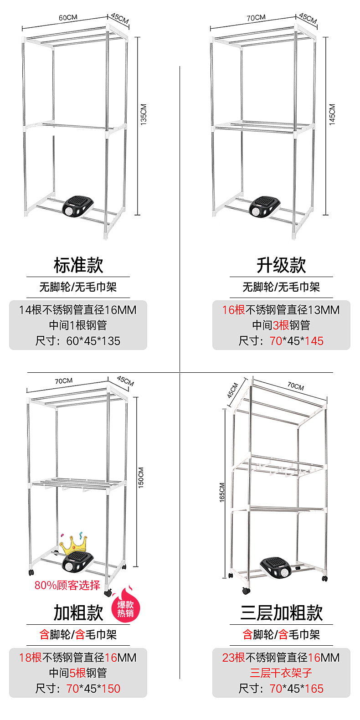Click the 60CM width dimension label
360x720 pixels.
pyautogui.click(x=68, y=18)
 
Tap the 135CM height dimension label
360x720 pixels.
pyautogui.click(x=144, y=115)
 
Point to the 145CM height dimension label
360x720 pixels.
pyautogui.click(x=332, y=114)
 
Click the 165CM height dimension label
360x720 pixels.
pyautogui.click(x=222, y=493)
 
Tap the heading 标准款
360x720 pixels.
pyautogui.click(x=78, y=265)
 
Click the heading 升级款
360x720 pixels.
pyautogui.click(x=281, y=265)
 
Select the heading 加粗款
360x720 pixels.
pyautogui.click(x=78, y=613)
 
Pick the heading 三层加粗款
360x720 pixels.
pyautogui.click(x=281, y=613)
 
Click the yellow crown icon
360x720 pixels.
pyautogui.click(x=73, y=542)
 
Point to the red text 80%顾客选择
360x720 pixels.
pyautogui.click(x=67, y=586)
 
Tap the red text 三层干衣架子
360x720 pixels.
pyautogui.click(x=281, y=673)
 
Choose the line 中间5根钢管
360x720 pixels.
pyautogui.click(x=78, y=673)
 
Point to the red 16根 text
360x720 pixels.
pyautogui.click(x=233, y=310)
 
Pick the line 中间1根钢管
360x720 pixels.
pyautogui.click(x=78, y=325)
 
